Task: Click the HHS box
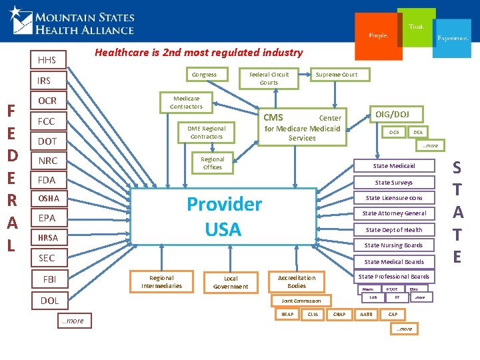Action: click(x=47, y=60)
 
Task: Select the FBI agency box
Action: click(x=49, y=279)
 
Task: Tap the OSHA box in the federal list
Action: click(x=49, y=199)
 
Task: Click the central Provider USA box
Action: click(x=223, y=216)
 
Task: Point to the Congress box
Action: click(x=204, y=75)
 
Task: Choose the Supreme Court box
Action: click(x=337, y=75)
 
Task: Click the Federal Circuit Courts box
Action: click(x=269, y=78)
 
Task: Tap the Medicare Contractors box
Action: click(x=186, y=102)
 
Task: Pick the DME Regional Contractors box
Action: click(x=206, y=132)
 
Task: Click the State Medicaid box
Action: click(x=394, y=166)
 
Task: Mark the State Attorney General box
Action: click(x=394, y=213)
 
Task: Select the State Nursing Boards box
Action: click(x=394, y=245)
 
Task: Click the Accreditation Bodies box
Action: click(x=297, y=281)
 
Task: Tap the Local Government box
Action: click(x=231, y=283)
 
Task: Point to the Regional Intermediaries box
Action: click(x=161, y=282)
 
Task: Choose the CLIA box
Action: click(x=313, y=313)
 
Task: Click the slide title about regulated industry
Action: click(x=199, y=52)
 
